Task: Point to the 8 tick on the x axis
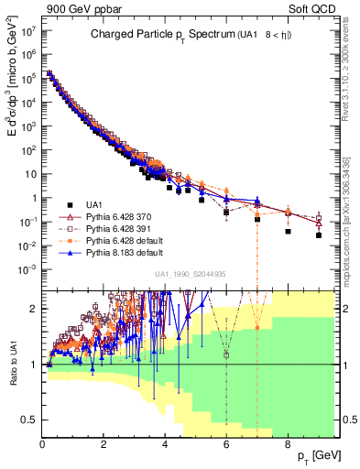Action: click(x=288, y=443)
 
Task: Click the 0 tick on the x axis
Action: click(x=43, y=443)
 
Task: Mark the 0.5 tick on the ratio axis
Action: click(x=32, y=420)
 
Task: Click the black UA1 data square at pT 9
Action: click(x=319, y=235)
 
